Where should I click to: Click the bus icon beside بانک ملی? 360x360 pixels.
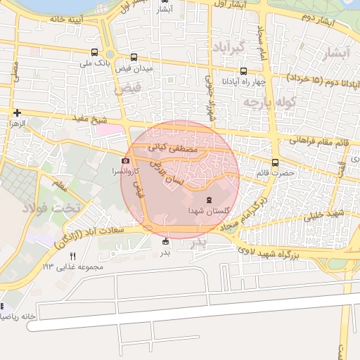point(95,51)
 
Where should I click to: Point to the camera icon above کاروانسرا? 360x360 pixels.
point(126,161)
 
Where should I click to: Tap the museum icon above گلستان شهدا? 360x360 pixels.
point(207,200)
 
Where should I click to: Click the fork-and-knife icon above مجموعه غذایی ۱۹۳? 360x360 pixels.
point(71,256)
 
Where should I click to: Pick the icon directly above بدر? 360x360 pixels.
point(165,242)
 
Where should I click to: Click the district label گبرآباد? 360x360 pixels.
point(226,47)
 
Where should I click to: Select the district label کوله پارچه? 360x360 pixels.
point(267,103)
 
